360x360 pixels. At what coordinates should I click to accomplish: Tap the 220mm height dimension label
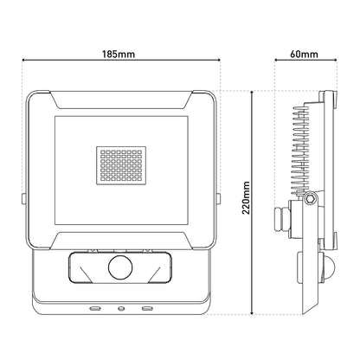pyautogui.click(x=246, y=200)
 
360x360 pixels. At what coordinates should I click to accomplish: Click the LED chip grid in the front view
pyautogui.click(x=121, y=164)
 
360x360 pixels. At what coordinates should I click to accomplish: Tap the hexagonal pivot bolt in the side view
pyautogui.click(x=309, y=200)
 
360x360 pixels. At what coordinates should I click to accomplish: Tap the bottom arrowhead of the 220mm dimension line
pyautogui.click(x=252, y=313)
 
